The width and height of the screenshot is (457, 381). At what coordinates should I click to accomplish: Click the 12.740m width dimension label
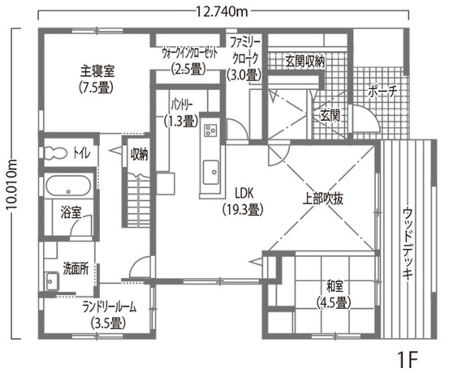point(222,12)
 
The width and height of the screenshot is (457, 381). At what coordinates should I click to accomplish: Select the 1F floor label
point(408,360)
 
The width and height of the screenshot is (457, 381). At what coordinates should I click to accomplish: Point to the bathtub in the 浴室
point(68,185)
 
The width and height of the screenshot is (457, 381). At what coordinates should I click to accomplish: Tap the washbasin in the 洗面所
point(52,281)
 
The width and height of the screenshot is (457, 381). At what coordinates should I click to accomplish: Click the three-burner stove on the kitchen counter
point(211,130)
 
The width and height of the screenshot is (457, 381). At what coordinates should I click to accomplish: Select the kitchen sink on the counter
point(211,172)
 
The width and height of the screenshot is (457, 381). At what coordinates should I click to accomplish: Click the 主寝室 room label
point(97,71)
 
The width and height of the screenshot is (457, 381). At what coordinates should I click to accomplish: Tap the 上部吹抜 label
point(323,199)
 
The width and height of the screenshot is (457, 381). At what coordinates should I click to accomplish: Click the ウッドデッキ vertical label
point(408,243)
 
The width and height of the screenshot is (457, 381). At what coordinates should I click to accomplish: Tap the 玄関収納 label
point(305,61)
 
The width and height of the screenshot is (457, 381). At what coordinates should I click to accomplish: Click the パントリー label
point(181,105)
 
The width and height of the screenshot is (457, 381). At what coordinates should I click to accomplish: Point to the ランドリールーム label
point(109,308)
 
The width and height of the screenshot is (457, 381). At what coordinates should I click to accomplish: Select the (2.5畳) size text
point(188,69)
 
